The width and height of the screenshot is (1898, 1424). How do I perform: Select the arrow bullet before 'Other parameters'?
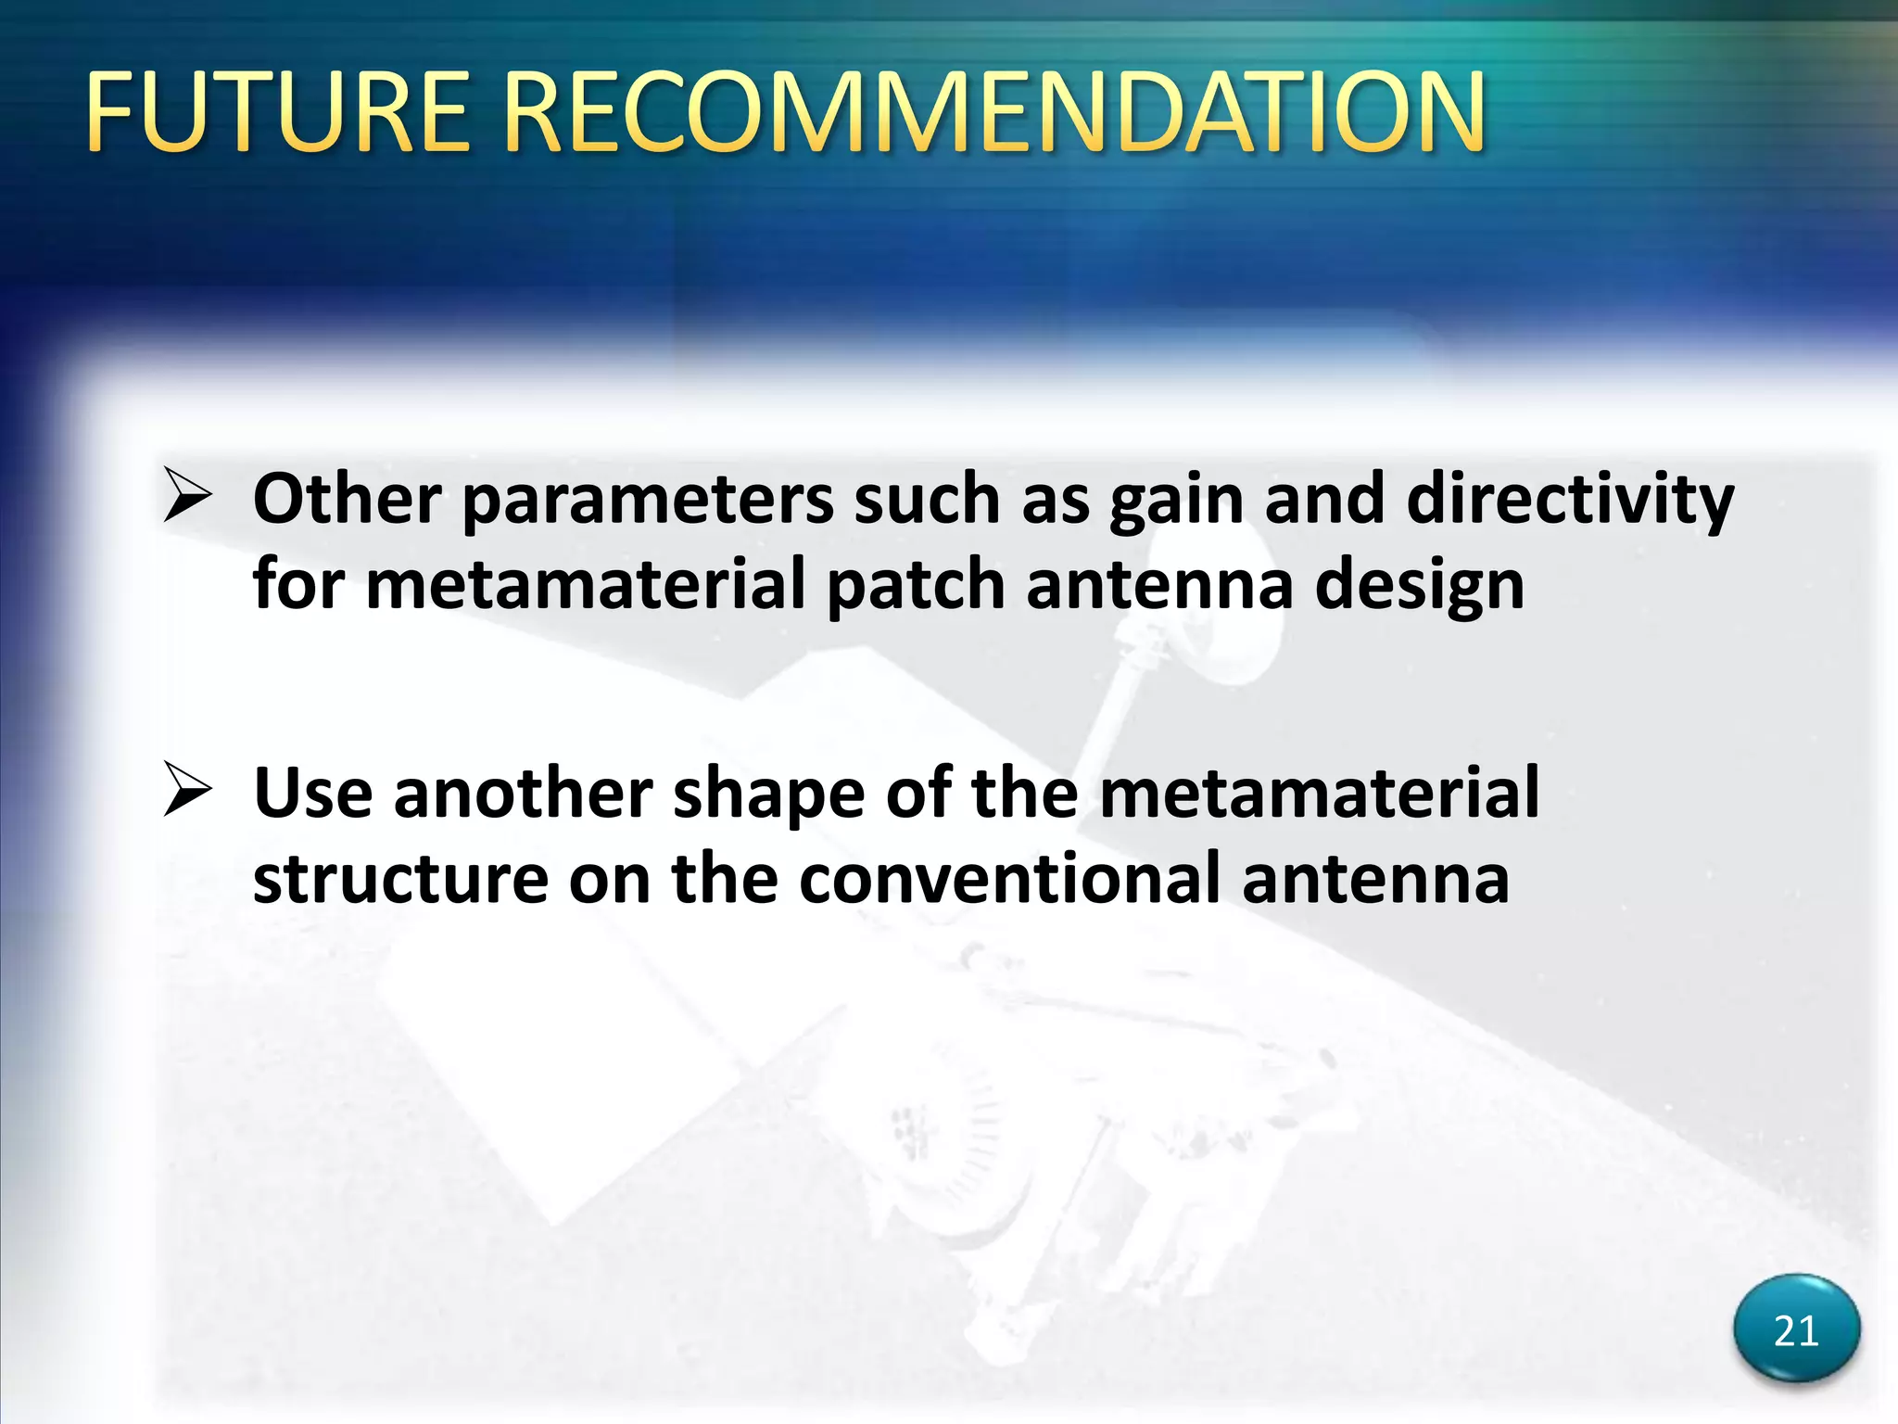188,495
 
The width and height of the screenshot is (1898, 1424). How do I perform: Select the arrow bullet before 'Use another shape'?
188,790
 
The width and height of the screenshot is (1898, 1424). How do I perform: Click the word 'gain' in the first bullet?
1176,501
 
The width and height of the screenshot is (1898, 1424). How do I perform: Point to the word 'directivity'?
1569,501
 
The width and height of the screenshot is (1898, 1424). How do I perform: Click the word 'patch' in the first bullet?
915,586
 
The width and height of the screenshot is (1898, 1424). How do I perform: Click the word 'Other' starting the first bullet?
347,501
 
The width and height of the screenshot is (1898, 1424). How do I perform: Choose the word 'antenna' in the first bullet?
1158,586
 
